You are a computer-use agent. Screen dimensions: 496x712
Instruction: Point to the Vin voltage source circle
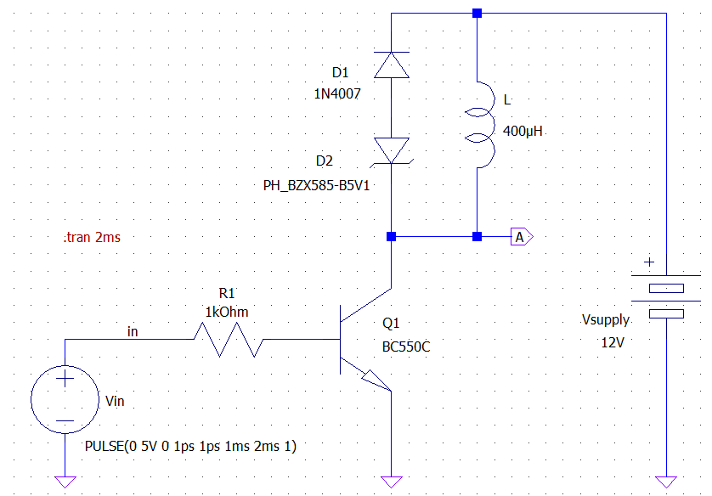(65, 399)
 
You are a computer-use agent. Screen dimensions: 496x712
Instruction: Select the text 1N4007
(337, 94)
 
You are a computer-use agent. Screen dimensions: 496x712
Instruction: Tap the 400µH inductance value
(523, 132)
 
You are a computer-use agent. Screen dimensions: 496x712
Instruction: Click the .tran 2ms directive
(92, 238)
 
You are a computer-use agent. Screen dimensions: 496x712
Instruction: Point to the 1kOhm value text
(227, 312)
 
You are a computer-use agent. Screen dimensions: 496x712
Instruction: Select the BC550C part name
(406, 347)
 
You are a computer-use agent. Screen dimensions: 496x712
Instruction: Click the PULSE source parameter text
(190, 446)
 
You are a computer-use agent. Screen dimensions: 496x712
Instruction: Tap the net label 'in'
(133, 330)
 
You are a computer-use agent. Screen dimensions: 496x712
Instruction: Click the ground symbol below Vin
(65, 482)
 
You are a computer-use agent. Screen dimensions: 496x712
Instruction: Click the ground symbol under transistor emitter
(391, 482)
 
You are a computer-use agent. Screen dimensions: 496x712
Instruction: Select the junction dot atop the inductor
(477, 13)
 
